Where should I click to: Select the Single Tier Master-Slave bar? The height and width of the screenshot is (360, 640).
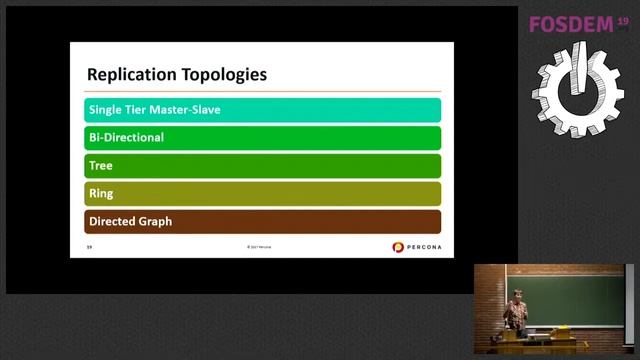pyautogui.click(x=263, y=110)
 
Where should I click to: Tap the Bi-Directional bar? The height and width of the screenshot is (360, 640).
pyautogui.click(x=263, y=138)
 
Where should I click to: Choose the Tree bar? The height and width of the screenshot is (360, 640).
pyautogui.click(x=263, y=166)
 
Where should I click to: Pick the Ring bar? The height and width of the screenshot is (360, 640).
pyautogui.click(x=263, y=194)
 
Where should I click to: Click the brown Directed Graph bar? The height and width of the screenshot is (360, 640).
pyautogui.click(x=263, y=221)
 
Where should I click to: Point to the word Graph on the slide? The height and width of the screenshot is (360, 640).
pyautogui.click(x=154, y=221)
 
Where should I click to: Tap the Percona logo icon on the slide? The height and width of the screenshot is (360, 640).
pyautogui.click(x=398, y=247)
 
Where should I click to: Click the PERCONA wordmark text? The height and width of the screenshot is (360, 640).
pyautogui.click(x=423, y=247)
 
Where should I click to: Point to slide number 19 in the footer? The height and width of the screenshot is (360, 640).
pyautogui.click(x=89, y=247)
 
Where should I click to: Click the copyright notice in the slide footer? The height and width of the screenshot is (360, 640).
pyautogui.click(x=259, y=247)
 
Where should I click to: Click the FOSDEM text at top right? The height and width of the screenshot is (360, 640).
pyautogui.click(x=571, y=24)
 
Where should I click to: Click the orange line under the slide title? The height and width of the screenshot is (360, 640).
pyautogui.click(x=263, y=91)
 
